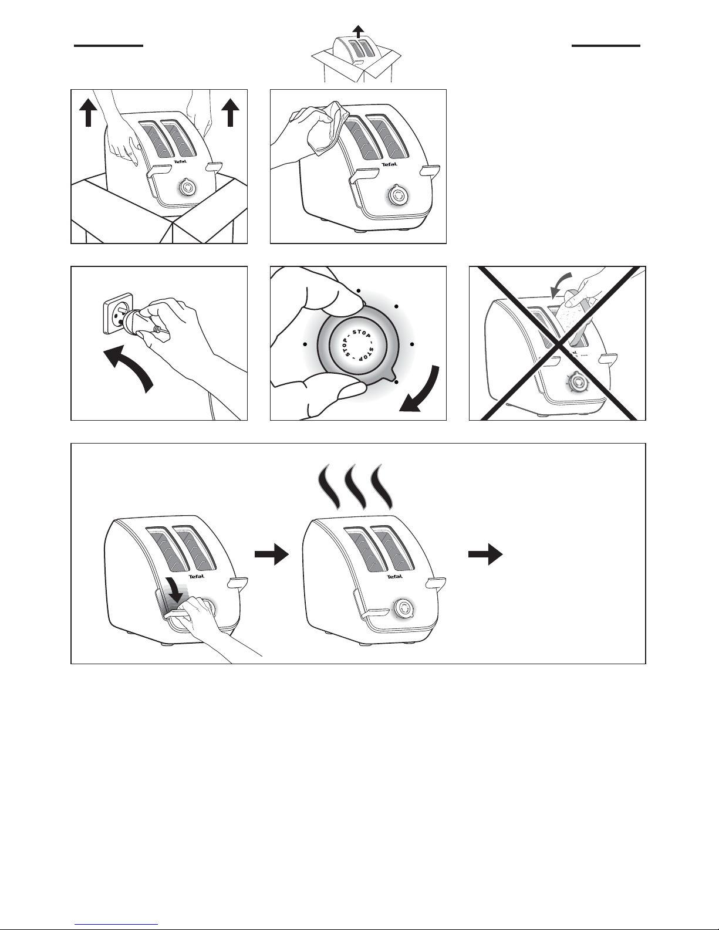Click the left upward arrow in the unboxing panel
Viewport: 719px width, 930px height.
pos(88,112)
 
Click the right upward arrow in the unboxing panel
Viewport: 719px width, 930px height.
pos(231,112)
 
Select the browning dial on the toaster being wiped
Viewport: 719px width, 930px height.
pos(399,196)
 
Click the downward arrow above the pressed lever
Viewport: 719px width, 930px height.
pos(174,592)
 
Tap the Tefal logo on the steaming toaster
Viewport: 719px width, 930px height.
pos(394,576)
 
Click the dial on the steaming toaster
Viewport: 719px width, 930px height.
pos(404,608)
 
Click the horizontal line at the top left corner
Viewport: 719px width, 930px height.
pos(109,45)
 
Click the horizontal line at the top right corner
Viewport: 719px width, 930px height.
pos(606,45)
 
